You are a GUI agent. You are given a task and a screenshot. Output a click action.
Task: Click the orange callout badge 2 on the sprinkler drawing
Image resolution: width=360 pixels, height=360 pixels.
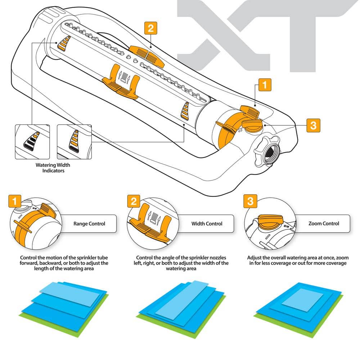coord(150,28)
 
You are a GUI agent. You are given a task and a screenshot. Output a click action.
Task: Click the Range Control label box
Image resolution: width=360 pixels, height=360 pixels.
coord(89,224)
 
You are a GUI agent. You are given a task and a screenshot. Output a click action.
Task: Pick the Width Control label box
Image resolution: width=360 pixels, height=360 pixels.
coord(207,224)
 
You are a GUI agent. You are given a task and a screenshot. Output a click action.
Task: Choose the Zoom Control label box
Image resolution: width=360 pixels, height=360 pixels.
coord(323,224)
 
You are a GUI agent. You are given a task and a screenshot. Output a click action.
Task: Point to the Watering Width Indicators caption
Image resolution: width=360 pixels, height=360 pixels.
coord(53,168)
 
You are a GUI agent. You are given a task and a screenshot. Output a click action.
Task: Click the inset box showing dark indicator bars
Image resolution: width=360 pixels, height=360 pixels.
coord(32,142)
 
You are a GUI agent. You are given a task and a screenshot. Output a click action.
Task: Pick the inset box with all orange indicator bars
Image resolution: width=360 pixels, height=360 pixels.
coord(75,142)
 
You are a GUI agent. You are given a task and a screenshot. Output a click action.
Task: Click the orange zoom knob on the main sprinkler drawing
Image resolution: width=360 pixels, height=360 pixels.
coord(253,125)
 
